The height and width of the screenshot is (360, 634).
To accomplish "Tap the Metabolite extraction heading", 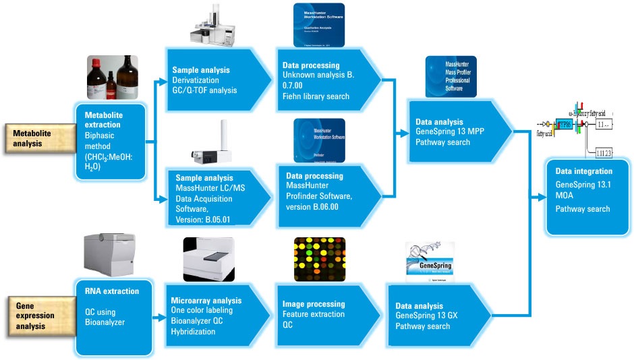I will [104, 120].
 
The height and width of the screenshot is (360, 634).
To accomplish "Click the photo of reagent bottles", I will [112, 78].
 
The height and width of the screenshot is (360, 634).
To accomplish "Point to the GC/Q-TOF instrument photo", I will [215, 30].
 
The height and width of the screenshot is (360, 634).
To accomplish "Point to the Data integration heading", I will [583, 171].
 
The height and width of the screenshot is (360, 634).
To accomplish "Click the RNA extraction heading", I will [112, 291].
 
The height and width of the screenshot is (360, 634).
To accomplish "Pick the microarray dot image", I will [320, 259].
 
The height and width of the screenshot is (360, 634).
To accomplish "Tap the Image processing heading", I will [314, 304].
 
